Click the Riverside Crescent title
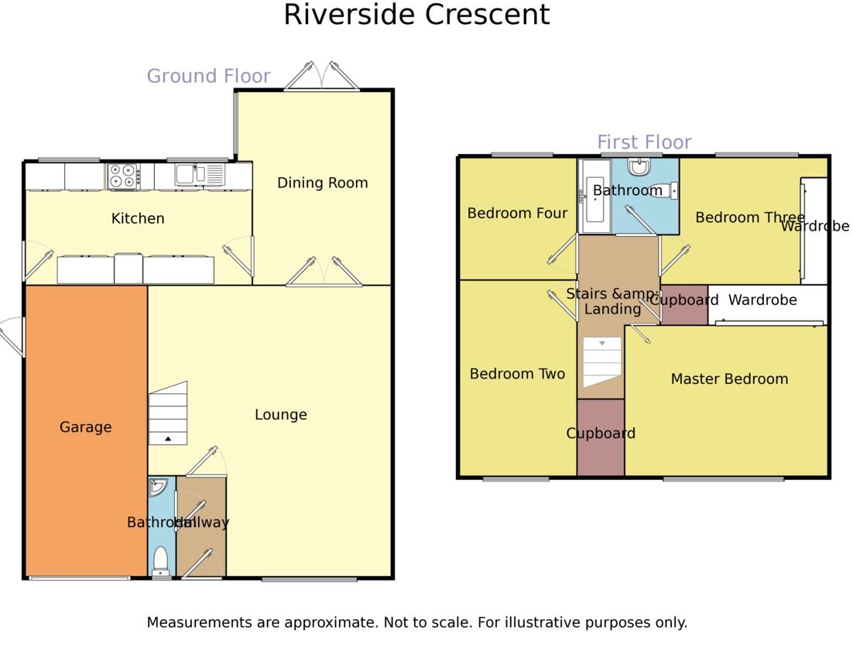pyautogui.click(x=416, y=15)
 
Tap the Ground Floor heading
pyautogui.click(x=208, y=76)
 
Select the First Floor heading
pyautogui.click(x=644, y=142)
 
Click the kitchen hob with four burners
pyautogui.click(x=122, y=176)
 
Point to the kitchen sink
pyautogui.click(x=185, y=174)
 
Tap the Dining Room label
pyautogui.click(x=322, y=183)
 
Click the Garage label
pyautogui.click(x=85, y=427)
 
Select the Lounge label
pyautogui.click(x=280, y=415)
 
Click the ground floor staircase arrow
pyautogui.click(x=168, y=439)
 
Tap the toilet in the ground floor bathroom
pyautogui.click(x=161, y=559)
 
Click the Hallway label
pyautogui.click(x=202, y=523)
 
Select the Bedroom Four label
pyautogui.click(x=517, y=213)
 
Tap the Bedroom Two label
pyautogui.click(x=517, y=374)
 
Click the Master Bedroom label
pyautogui.click(x=729, y=379)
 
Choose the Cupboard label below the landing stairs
pyautogui.click(x=601, y=433)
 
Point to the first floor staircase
pyautogui.click(x=602, y=362)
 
